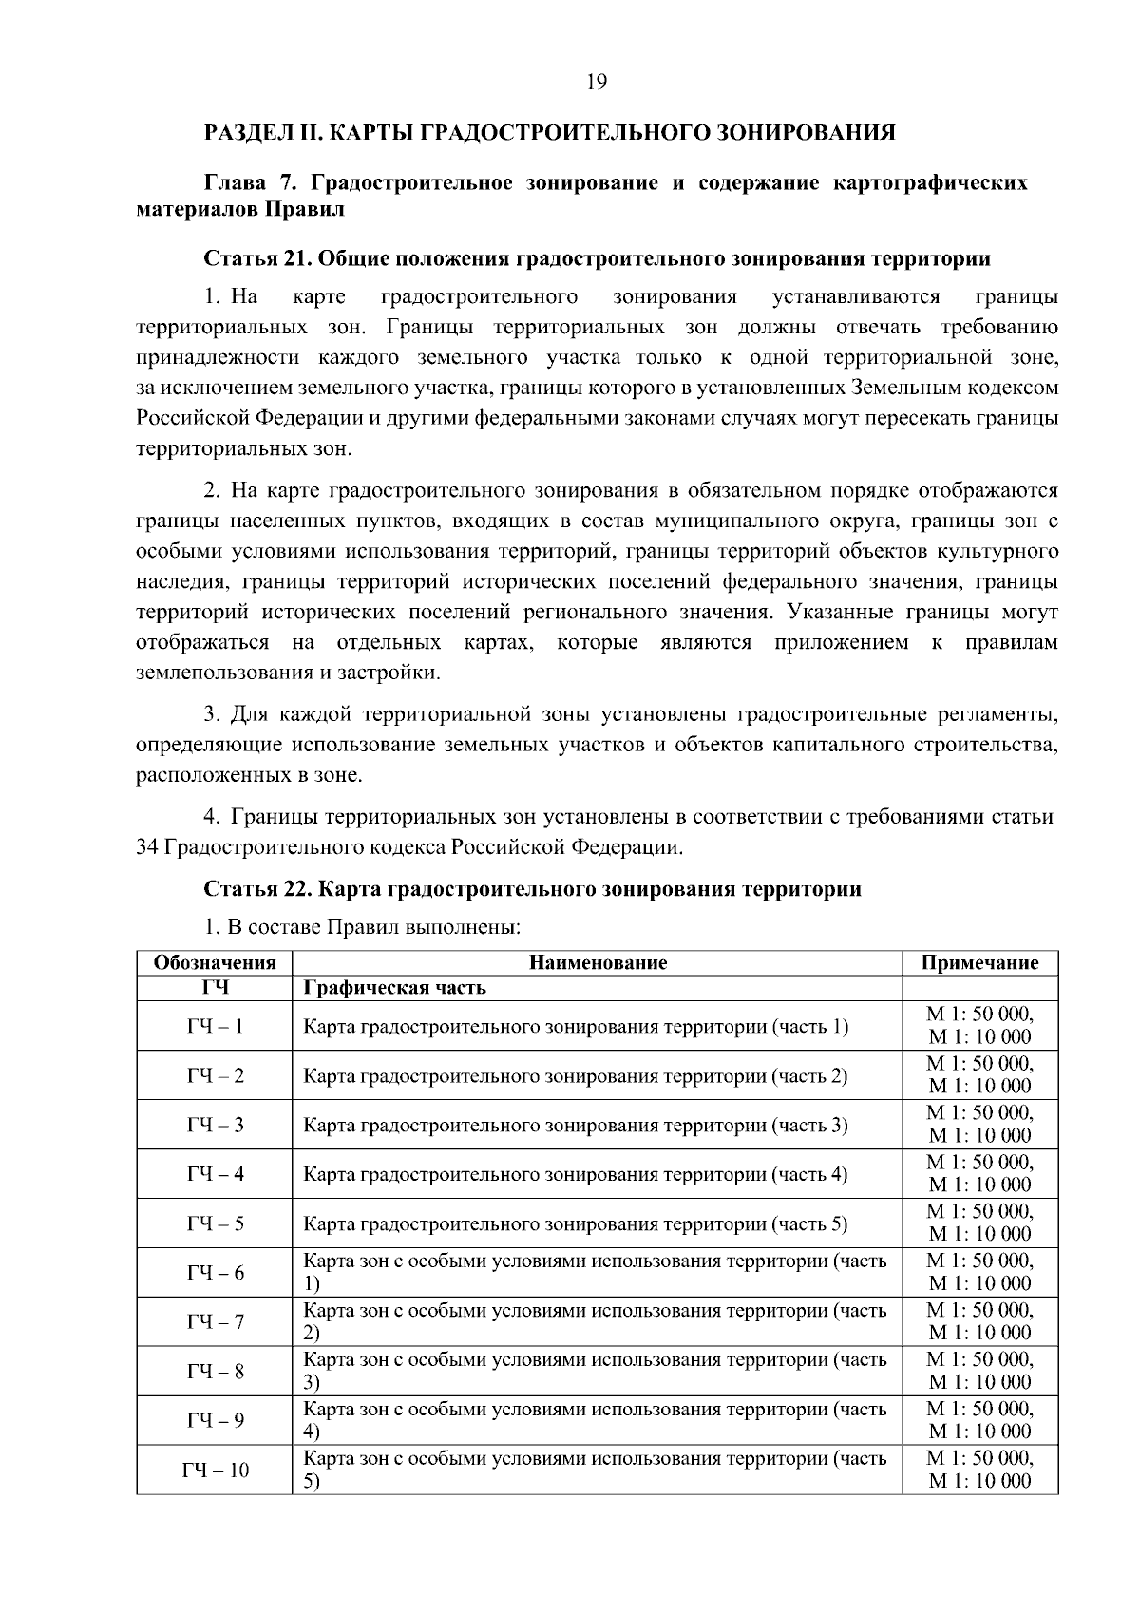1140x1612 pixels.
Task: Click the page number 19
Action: click(597, 82)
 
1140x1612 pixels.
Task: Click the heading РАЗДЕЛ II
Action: click(550, 131)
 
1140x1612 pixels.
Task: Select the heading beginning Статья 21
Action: click(598, 258)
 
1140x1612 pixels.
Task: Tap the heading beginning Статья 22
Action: click(533, 889)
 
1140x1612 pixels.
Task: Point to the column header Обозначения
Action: click(215, 962)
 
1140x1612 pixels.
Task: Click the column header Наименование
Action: click(598, 962)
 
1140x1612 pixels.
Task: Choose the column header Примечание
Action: click(979, 962)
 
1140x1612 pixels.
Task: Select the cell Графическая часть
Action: click(394, 987)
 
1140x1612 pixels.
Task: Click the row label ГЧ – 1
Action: click(215, 1026)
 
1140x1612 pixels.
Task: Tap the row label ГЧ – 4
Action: click(215, 1174)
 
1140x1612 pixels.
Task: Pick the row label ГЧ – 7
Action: click(215, 1321)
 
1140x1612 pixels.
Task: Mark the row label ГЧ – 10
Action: click(215, 1470)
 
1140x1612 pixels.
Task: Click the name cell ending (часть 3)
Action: click(575, 1125)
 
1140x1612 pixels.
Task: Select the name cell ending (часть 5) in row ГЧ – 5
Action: click(575, 1223)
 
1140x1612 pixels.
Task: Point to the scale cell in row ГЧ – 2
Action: click(979, 1075)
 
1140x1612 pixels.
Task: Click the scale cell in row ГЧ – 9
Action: click(979, 1420)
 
